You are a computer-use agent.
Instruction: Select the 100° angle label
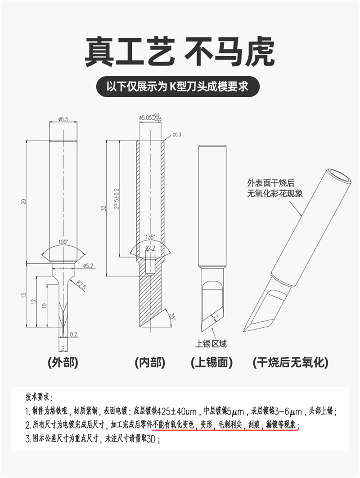tap(63, 242)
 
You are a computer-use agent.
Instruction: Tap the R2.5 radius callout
tap(81, 286)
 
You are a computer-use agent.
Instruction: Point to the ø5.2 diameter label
tap(88, 266)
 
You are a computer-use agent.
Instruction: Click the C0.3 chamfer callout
tap(177, 135)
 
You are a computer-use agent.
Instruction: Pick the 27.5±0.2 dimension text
tap(116, 198)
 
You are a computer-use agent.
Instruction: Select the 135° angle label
tap(150, 237)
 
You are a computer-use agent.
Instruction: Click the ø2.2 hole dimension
tap(150, 248)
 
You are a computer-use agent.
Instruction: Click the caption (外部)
tap(63, 363)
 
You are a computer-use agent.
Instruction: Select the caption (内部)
tap(150, 363)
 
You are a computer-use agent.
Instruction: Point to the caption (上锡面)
tap(212, 363)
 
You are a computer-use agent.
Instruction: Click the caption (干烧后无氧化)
tap(291, 363)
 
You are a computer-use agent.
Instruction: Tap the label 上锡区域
tap(211, 344)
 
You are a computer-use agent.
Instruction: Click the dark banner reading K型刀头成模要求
tap(178, 86)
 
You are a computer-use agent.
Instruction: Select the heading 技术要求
tap(39, 397)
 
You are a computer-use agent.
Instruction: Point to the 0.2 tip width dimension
tap(73, 334)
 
